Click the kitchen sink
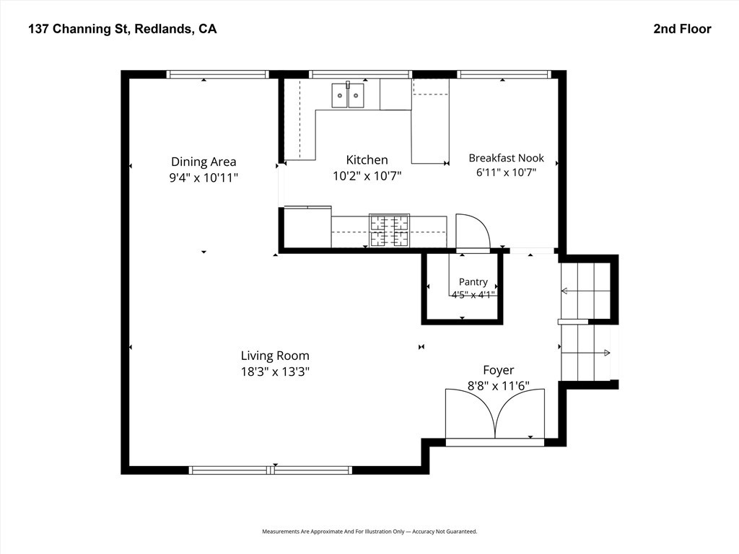[x=348, y=95]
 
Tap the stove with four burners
[x=389, y=230]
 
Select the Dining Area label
[x=204, y=162]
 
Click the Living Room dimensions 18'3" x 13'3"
[x=275, y=371]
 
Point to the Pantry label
[x=473, y=282]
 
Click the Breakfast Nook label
[x=506, y=158]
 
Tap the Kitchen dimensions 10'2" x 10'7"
[x=367, y=176]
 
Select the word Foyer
[x=499, y=370]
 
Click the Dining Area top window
[x=217, y=74]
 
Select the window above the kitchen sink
[x=360, y=74]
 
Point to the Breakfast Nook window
[x=504, y=74]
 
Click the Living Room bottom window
[x=271, y=470]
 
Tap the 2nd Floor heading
[x=682, y=29]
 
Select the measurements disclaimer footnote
[x=369, y=532]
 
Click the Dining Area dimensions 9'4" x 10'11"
[x=204, y=177]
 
